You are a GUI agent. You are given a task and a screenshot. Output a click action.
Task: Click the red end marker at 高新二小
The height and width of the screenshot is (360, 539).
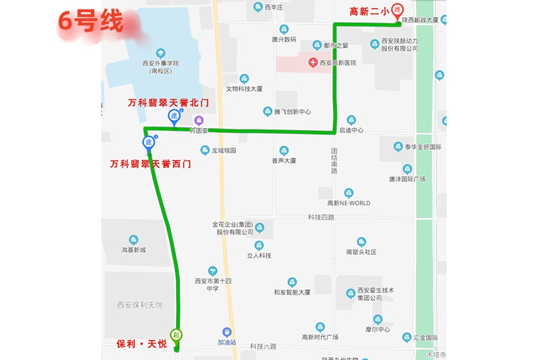pos(398,11)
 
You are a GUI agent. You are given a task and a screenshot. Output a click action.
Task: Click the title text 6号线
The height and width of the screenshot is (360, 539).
pos(90,21)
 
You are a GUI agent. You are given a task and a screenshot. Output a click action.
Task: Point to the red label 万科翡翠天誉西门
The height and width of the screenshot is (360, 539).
pos(150,164)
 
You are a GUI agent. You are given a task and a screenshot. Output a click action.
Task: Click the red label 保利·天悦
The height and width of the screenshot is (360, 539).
pos(141,344)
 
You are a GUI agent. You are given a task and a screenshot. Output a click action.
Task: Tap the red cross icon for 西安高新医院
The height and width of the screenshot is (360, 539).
pos(313,63)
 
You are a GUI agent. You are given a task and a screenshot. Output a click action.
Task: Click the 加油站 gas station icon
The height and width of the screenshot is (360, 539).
pos(227,332)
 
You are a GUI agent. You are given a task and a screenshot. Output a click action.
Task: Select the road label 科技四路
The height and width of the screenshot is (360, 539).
pos(321,217)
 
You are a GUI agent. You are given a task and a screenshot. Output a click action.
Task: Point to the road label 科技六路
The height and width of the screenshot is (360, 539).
pos(263,347)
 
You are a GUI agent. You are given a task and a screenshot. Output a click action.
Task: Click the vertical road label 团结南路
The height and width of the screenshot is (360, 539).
pos(334,161)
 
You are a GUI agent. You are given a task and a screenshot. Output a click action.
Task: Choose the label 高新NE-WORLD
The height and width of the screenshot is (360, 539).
pos(348,203)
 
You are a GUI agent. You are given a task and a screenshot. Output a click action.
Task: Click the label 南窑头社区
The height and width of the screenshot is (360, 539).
pos(361,252)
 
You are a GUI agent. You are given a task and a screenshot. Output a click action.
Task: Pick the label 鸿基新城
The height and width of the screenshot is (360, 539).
pos(133,250)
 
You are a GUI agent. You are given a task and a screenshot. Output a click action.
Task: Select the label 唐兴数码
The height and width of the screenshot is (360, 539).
pos(284,39)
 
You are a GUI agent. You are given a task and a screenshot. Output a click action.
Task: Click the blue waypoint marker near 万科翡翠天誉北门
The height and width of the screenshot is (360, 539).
pos(174,117)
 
